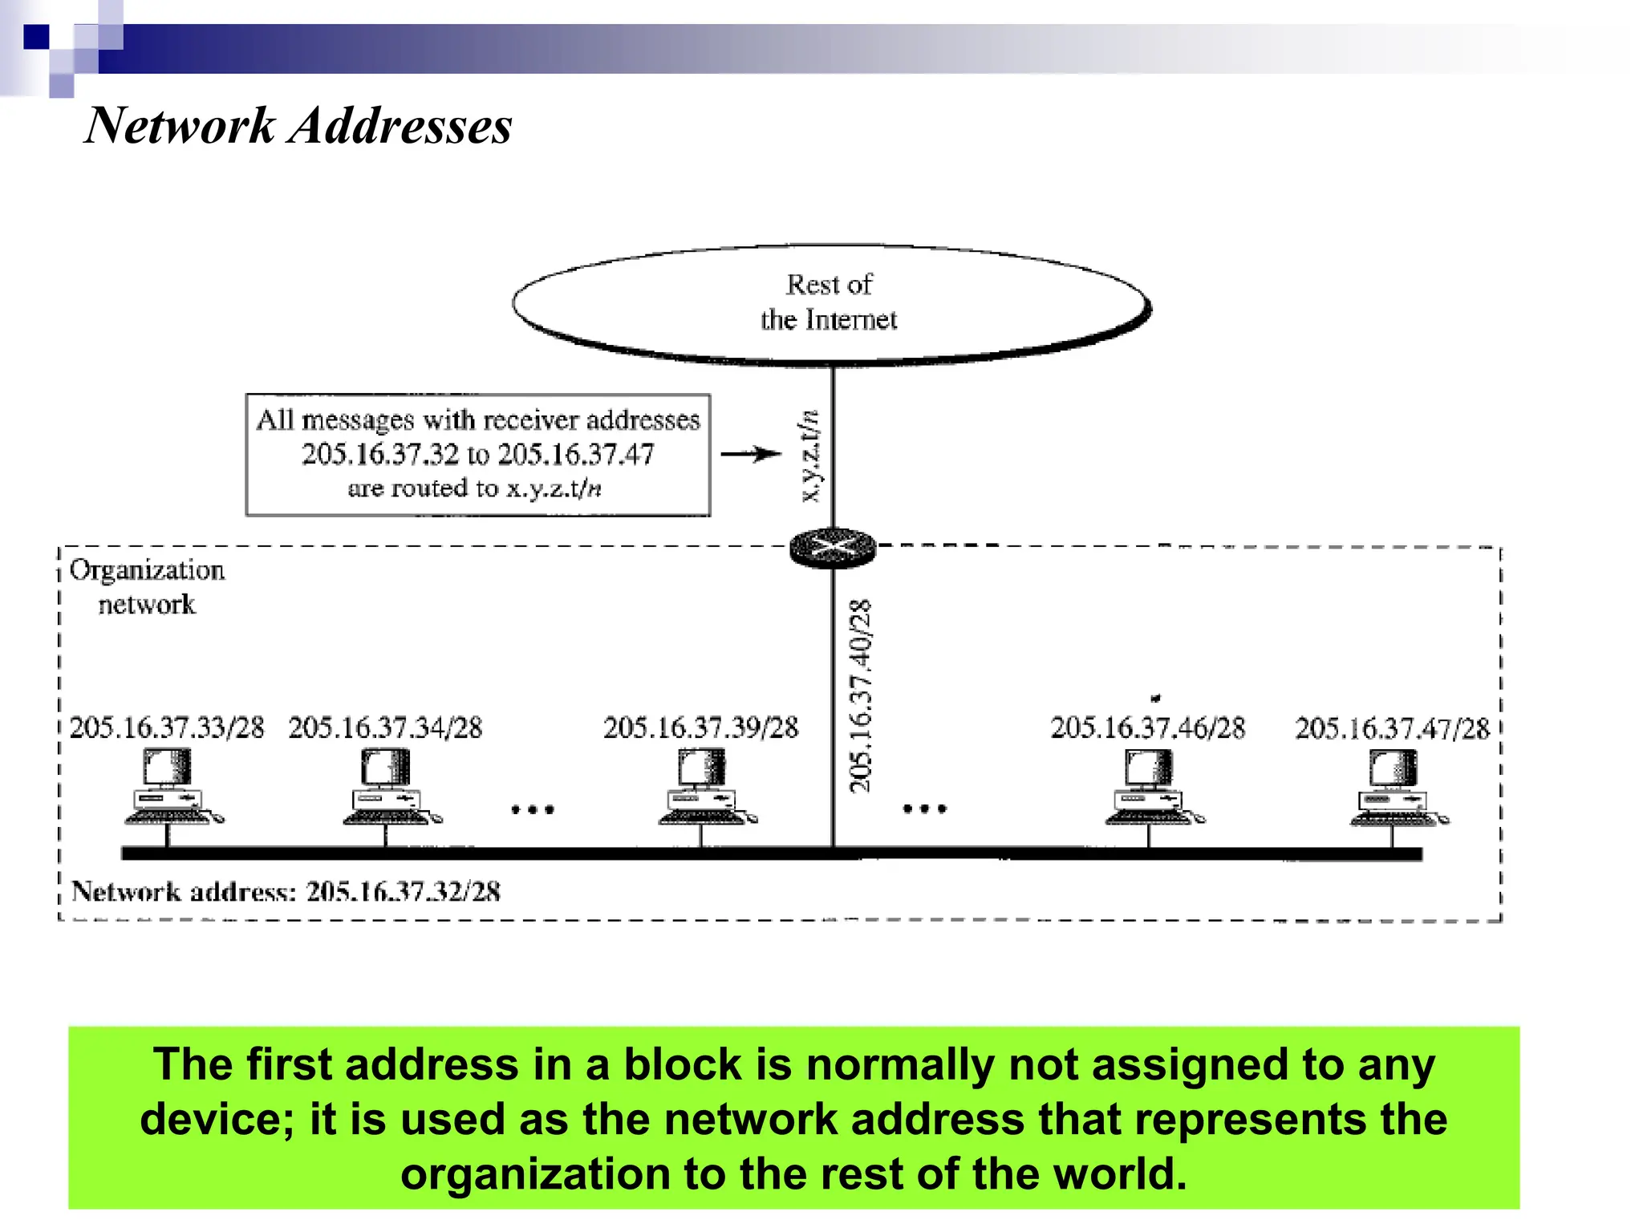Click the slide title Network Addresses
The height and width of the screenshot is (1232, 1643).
[x=298, y=126]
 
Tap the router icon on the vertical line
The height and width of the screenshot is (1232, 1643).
[x=832, y=549]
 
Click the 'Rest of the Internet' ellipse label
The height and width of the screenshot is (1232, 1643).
[x=829, y=302]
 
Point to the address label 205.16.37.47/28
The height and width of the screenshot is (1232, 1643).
[x=1392, y=728]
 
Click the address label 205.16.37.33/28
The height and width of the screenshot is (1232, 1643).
[x=167, y=727]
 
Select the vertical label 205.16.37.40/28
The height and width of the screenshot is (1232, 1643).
[x=860, y=695]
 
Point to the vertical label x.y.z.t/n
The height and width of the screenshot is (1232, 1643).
[x=810, y=456]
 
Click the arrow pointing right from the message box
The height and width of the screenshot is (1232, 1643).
[x=750, y=454]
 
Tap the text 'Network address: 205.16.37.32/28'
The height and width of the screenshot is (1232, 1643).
[x=286, y=891]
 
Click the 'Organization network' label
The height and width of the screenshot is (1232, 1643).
[x=147, y=586]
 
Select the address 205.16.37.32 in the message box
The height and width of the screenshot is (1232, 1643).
[x=380, y=455]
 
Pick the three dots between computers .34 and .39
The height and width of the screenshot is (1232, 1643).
[x=533, y=809]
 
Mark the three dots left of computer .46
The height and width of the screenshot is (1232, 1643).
[x=924, y=808]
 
